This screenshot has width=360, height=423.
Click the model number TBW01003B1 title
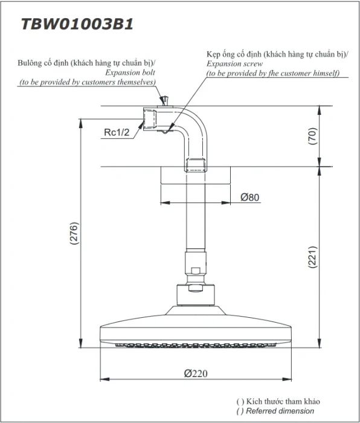(x=77, y=24)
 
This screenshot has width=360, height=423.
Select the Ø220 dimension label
(x=196, y=373)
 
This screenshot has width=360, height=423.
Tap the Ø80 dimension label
(x=249, y=197)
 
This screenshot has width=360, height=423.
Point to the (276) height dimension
(x=74, y=233)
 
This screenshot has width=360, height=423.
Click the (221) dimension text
(x=312, y=257)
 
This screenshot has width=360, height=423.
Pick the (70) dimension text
(x=312, y=136)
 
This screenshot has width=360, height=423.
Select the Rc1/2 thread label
(x=117, y=132)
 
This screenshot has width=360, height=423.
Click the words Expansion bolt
(x=130, y=73)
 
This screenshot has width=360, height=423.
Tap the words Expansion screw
(x=234, y=63)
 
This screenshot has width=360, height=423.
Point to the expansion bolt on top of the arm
(x=165, y=100)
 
